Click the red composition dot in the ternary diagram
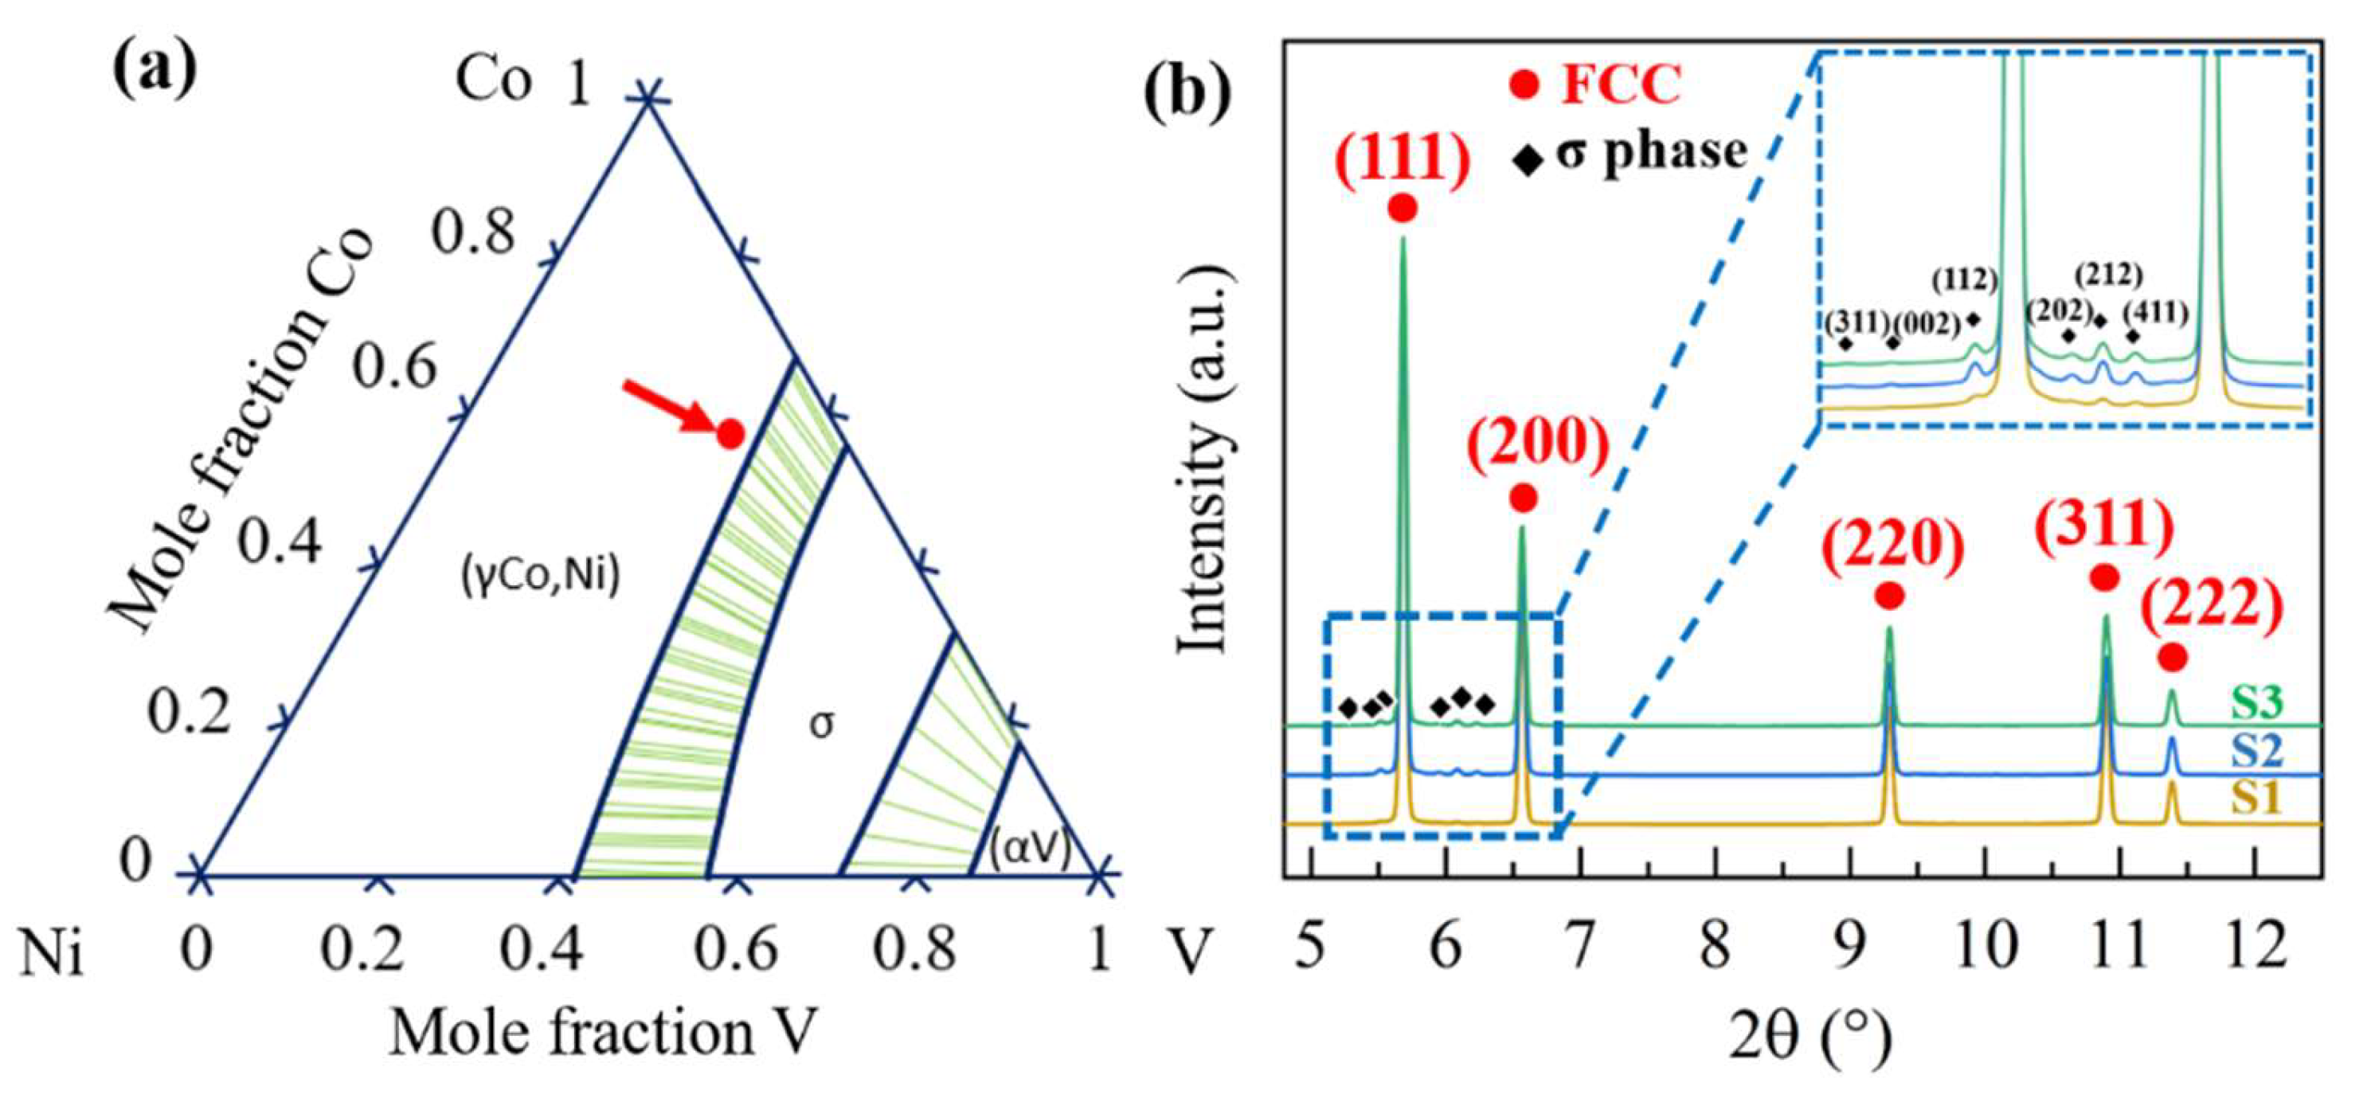tap(730, 433)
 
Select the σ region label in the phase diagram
tap(823, 724)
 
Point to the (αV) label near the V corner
tap(1030, 849)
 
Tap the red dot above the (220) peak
tap(1889, 596)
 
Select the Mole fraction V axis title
tap(602, 1032)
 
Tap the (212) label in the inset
tap(2110, 275)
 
